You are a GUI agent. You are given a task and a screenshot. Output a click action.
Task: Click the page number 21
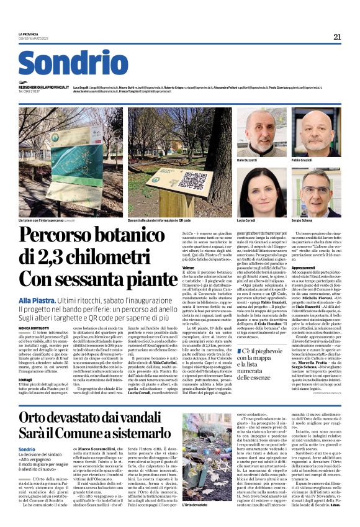337,37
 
